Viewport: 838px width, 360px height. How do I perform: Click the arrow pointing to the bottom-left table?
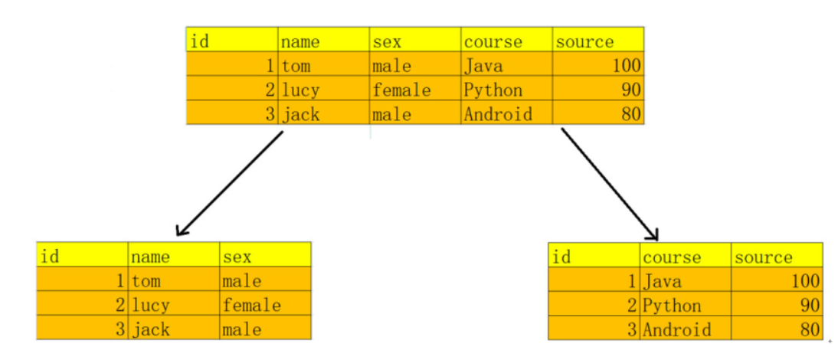229,183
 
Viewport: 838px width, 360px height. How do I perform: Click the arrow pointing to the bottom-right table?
609,184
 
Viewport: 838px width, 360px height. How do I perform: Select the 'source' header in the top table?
584,41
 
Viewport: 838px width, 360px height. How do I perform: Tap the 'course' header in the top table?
493,41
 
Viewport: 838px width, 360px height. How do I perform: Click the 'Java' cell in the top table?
483,66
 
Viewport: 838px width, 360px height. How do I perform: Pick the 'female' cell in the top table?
401,90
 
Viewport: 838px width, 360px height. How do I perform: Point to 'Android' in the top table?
498,114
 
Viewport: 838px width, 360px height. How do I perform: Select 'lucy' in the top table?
300,90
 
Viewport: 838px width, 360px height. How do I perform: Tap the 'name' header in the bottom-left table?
150,257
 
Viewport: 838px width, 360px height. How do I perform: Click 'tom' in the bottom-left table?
146,281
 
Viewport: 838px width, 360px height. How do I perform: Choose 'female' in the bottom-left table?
251,305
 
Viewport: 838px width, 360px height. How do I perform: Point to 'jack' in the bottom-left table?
150,329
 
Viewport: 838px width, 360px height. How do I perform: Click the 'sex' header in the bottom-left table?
237,257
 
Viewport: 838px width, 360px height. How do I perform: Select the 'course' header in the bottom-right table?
672,257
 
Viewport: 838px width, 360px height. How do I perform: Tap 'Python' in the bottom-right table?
672,306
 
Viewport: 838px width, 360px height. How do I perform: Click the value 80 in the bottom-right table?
810,330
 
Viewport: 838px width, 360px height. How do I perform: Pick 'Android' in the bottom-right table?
676,329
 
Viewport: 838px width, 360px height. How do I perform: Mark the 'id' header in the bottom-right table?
561,257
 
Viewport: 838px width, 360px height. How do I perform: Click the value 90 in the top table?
630,90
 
